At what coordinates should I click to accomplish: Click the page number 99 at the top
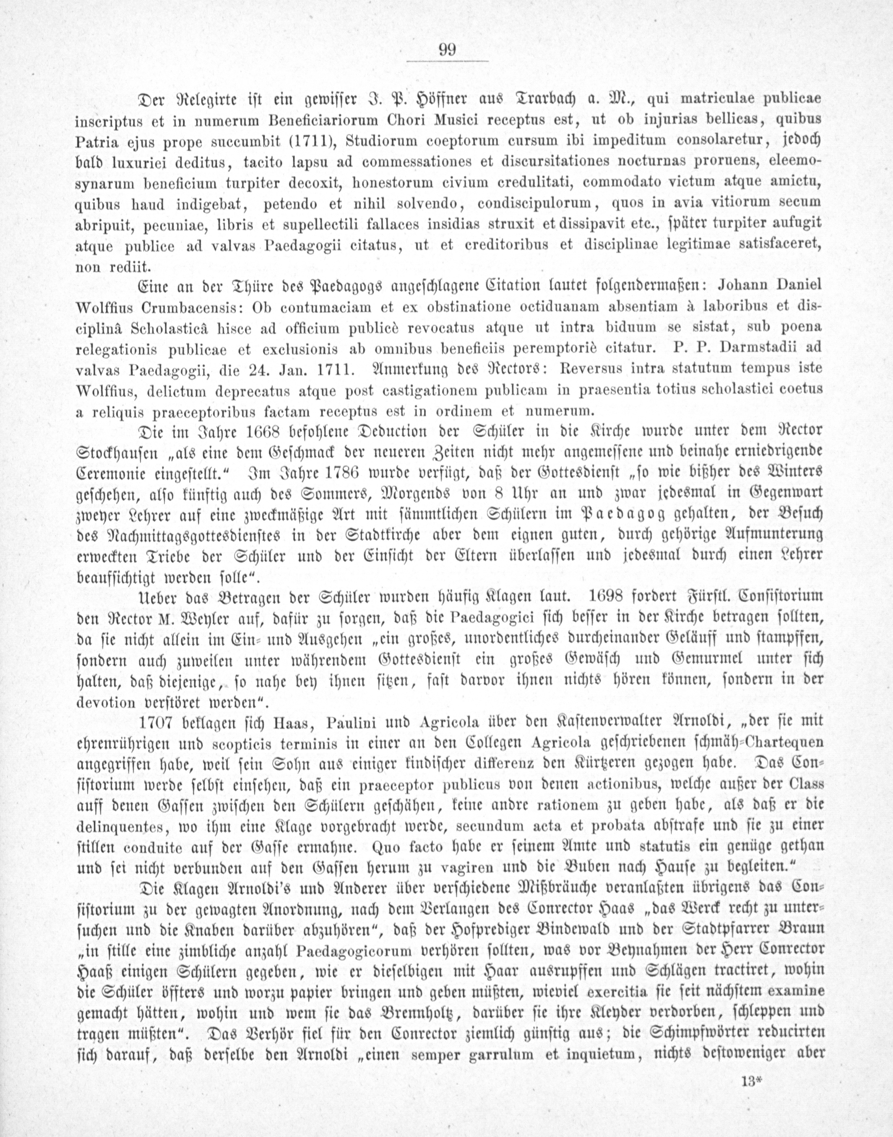[448, 50]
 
